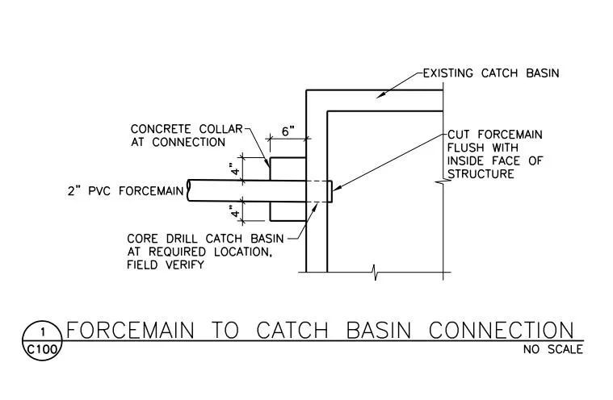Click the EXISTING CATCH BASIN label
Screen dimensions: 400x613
point(491,73)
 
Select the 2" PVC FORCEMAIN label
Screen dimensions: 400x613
point(124,191)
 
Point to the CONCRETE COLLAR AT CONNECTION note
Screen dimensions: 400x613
point(178,135)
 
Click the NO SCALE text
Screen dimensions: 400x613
point(553,349)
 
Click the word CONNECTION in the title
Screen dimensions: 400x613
point(501,331)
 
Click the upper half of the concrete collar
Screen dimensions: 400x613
point(287,169)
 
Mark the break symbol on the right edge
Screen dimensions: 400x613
point(443,185)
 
